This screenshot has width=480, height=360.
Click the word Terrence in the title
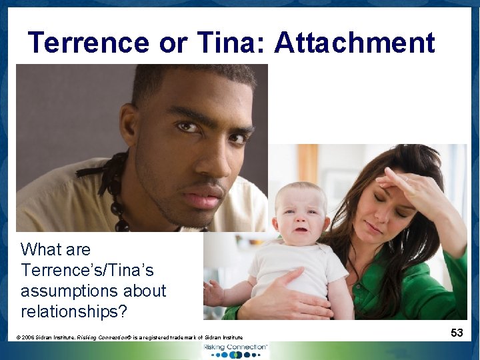coord(89,43)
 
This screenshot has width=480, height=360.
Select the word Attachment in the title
coord(354,43)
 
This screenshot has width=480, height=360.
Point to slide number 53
coord(457,332)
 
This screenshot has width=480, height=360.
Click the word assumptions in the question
coord(93,291)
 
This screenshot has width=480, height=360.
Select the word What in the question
coord(41,250)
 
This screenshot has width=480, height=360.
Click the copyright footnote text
coord(129,337)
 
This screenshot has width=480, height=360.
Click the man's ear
coord(128,126)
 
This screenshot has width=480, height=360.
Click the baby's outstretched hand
coord(213,292)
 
